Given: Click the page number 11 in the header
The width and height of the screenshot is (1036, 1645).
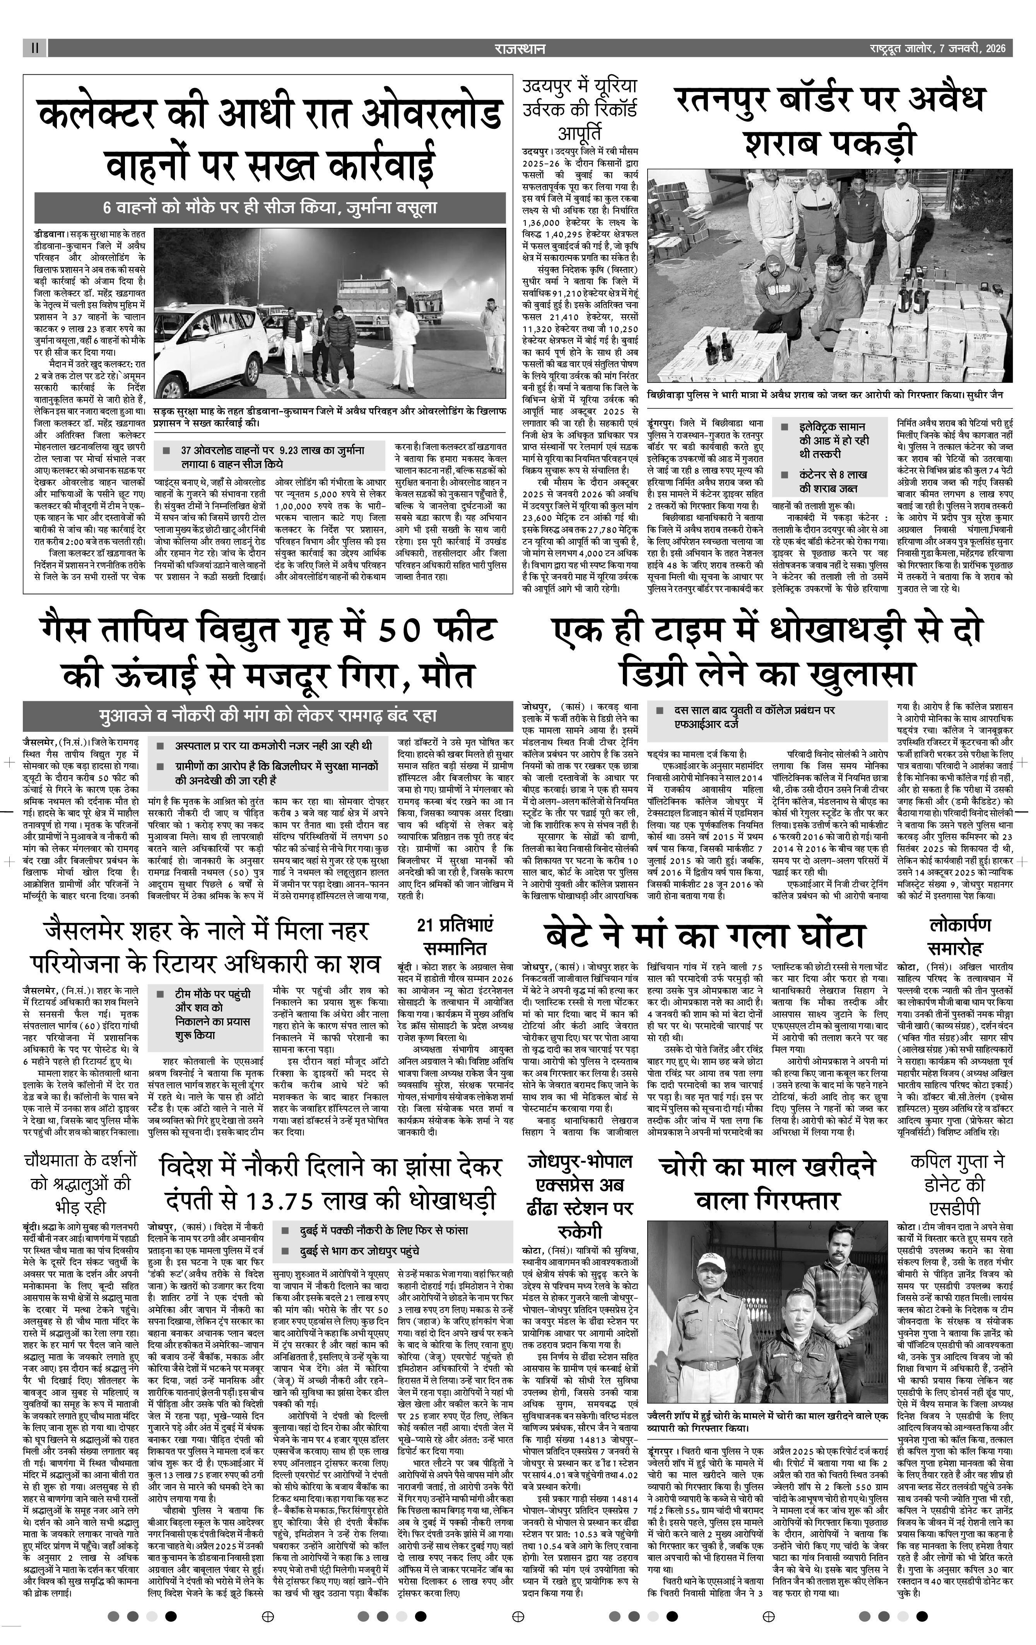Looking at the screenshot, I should pos(34,48).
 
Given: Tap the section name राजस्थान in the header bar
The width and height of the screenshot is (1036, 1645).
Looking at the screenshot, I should pos(518,48).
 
